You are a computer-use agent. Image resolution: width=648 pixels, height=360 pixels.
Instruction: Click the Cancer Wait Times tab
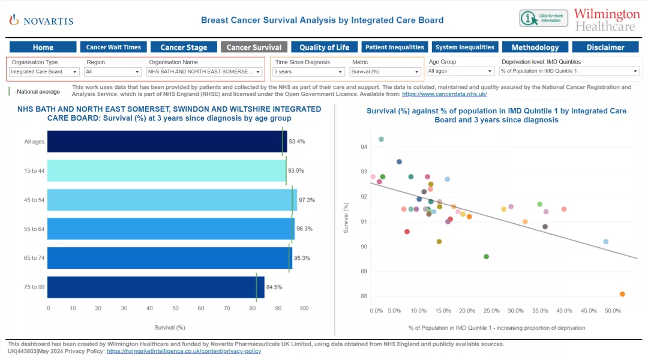(x=113, y=47)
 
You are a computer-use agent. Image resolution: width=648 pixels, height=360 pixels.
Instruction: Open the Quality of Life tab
(x=325, y=47)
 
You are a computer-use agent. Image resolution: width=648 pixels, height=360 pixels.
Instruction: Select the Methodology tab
(x=535, y=47)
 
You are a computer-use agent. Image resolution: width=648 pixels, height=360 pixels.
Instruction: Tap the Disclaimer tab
(x=605, y=47)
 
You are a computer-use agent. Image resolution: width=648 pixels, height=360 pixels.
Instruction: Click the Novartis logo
(x=41, y=20)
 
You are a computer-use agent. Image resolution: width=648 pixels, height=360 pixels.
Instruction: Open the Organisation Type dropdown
(x=44, y=72)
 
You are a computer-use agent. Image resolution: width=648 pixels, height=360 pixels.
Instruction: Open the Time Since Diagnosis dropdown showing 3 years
(x=308, y=72)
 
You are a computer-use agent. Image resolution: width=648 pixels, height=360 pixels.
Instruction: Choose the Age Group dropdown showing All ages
(x=460, y=71)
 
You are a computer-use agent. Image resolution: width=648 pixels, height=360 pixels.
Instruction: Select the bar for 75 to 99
(x=155, y=287)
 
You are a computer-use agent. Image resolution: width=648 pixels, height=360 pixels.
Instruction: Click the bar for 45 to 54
(x=172, y=200)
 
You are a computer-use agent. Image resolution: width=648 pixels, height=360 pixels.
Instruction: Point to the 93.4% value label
(x=296, y=142)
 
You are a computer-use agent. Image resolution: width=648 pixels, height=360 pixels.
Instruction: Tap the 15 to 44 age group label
(x=34, y=171)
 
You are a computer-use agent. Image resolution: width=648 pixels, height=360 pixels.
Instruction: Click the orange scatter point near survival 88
(x=622, y=294)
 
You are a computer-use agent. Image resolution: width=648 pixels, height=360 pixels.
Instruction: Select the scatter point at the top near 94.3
(x=381, y=139)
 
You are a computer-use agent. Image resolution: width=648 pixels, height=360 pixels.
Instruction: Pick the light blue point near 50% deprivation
(x=605, y=242)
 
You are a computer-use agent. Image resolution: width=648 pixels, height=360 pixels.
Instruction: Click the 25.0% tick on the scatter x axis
(x=491, y=311)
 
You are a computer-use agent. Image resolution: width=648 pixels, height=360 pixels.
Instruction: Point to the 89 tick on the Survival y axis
(x=364, y=271)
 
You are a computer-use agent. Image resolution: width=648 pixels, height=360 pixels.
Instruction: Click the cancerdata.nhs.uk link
(x=444, y=94)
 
